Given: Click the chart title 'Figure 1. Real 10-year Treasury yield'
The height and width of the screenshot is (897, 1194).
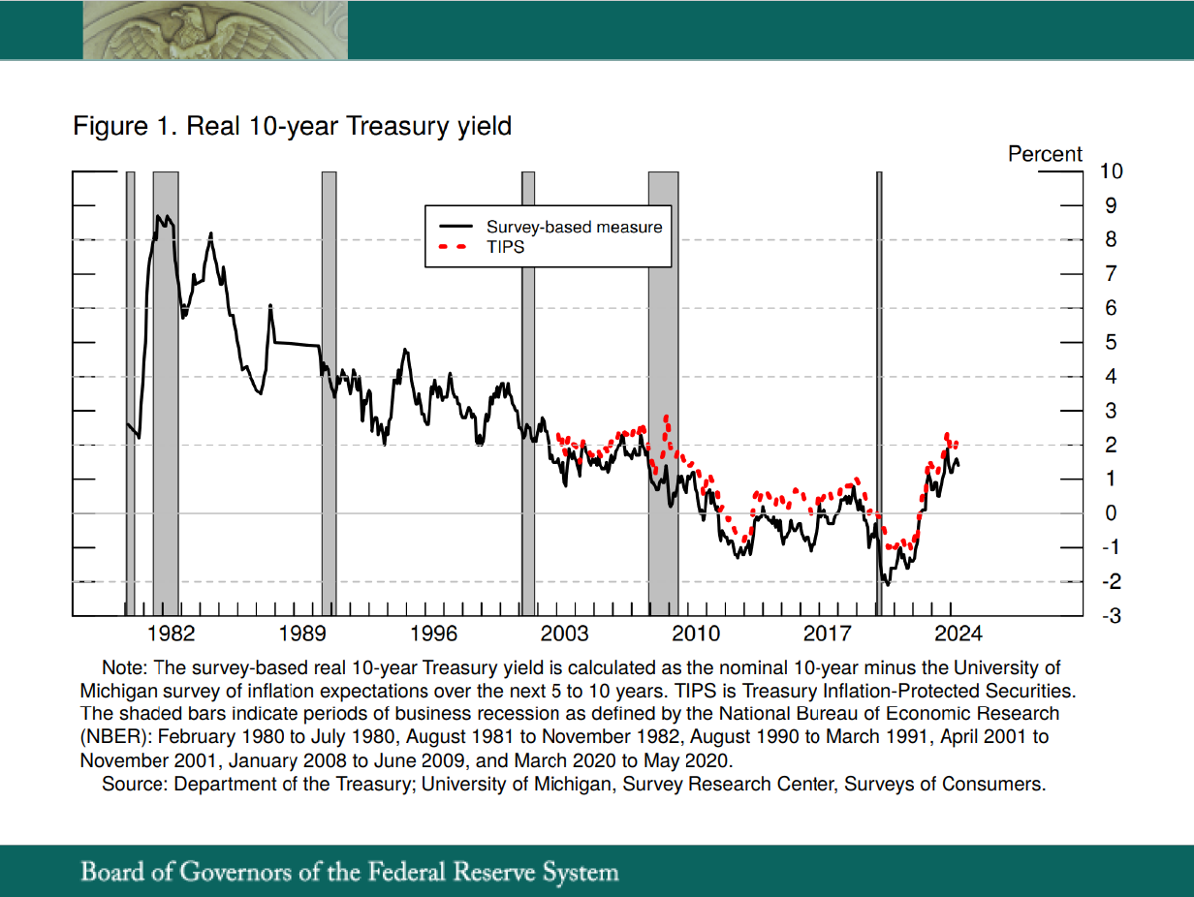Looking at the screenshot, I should coord(292,126).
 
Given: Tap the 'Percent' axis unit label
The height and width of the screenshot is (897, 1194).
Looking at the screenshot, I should coord(1045,154).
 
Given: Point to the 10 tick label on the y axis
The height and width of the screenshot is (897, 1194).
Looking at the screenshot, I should coord(1111,171).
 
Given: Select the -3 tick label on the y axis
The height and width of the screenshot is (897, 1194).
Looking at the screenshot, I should coord(1110,616).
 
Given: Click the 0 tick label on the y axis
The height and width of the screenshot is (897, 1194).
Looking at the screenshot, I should coord(1111,513).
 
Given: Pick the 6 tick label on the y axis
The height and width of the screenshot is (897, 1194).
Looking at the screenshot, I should coord(1111,308).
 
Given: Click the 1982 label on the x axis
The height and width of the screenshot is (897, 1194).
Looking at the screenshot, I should coord(172,634).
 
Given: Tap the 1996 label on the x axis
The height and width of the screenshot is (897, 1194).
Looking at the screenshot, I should coord(433,634).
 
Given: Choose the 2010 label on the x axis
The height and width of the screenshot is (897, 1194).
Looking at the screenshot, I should coord(696,634).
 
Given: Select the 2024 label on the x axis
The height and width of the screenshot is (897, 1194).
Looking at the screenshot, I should coord(958,634).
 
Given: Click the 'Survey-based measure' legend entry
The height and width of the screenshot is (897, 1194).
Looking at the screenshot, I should coord(574,227).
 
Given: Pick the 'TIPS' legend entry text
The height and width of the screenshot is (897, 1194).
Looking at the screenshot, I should coord(505,247).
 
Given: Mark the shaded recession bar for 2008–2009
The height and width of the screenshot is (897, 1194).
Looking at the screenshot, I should coord(663,387).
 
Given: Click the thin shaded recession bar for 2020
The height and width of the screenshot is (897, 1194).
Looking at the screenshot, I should coord(879,387).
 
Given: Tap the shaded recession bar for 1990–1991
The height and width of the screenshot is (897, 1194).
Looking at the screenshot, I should coord(329,387).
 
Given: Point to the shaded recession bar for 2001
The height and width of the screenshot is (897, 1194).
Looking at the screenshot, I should coord(528,387).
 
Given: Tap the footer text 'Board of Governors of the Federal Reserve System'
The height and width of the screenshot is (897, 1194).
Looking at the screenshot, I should coord(349,871).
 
